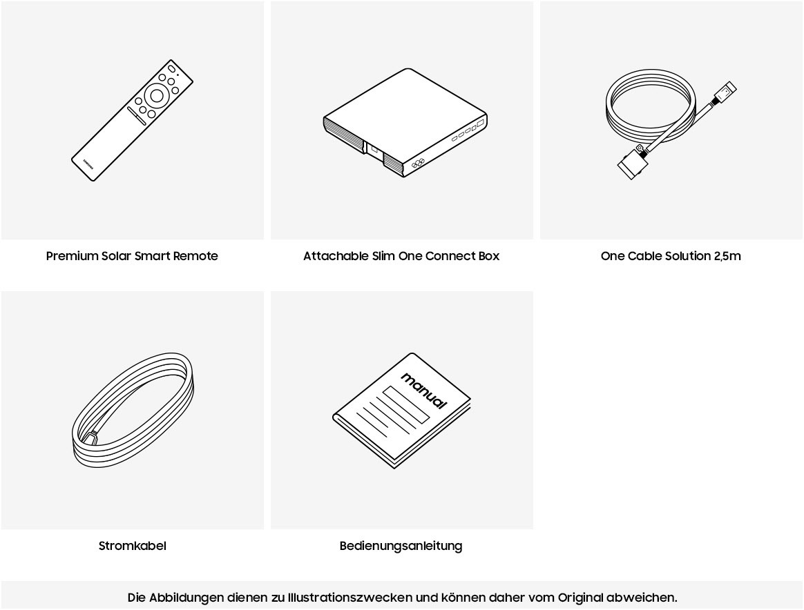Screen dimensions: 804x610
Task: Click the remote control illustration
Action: coord(132,120)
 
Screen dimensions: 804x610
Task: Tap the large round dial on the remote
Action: coord(157,96)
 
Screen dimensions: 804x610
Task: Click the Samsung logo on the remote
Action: coord(88,164)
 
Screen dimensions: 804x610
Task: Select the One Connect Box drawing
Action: coord(405,122)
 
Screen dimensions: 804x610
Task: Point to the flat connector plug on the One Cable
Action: coord(631,164)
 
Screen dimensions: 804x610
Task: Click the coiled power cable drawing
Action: coord(133,410)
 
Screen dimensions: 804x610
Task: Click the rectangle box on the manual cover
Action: coord(405,404)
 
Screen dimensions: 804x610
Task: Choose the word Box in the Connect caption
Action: coord(488,256)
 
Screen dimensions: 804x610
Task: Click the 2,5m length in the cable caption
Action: coord(727,256)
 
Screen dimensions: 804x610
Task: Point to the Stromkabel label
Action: coord(133,546)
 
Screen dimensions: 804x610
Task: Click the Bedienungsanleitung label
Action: coord(401,547)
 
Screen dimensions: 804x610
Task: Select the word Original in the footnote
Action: coord(580,598)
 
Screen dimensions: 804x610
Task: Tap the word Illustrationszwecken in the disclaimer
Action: coord(350,598)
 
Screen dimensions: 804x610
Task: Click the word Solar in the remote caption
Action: coord(116,256)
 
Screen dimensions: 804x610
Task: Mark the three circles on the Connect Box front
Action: coord(418,164)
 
